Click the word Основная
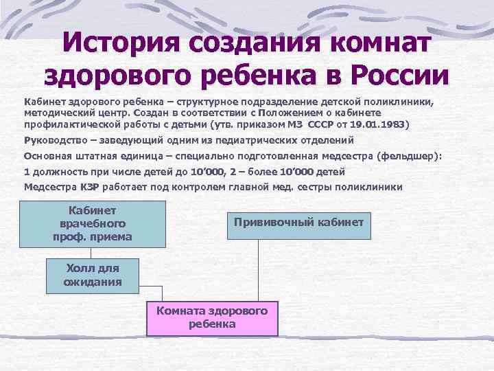coord(49,156)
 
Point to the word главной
coord(285,186)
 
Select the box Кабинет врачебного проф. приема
coord(92,223)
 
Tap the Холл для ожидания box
coord(92,275)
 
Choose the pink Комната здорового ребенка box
coord(211,317)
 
